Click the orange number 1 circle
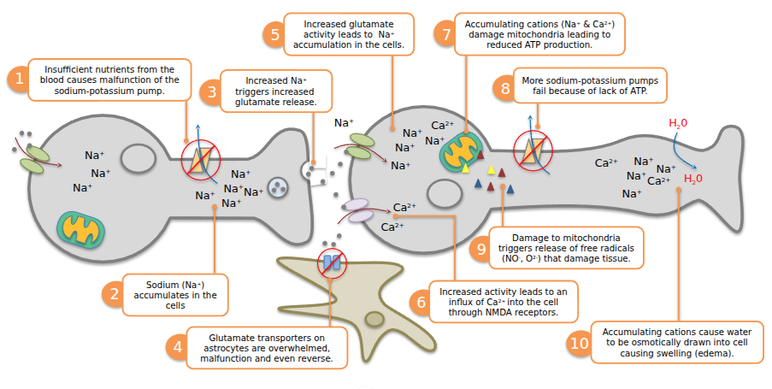(x=17, y=80)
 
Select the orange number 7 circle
(x=444, y=35)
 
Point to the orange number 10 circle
(x=579, y=343)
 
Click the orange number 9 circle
(x=482, y=248)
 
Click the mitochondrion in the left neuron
(x=82, y=227)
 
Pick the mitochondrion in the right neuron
(x=462, y=150)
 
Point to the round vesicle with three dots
(x=280, y=187)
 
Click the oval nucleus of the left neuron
(x=138, y=158)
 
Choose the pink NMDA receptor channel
(x=360, y=208)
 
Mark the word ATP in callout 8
(x=633, y=90)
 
